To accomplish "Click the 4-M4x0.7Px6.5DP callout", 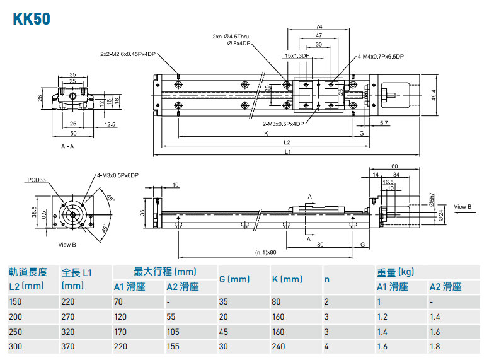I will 381,56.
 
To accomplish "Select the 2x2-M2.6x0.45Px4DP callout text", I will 128,54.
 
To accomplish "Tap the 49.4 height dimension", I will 434,94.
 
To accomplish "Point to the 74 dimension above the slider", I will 319,27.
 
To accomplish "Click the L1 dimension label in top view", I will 288,152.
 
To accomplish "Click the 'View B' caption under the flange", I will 67,244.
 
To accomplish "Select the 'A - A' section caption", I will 67,146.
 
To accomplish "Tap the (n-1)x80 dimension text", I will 266,253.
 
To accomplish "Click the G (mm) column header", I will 234,279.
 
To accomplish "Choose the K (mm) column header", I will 287,279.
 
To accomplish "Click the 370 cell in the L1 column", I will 68,345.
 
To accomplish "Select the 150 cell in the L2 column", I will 15,302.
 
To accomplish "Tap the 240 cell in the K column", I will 277,345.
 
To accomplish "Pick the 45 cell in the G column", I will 223,331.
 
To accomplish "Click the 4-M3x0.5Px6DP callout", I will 117,175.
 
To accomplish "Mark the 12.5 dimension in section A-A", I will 110,124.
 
